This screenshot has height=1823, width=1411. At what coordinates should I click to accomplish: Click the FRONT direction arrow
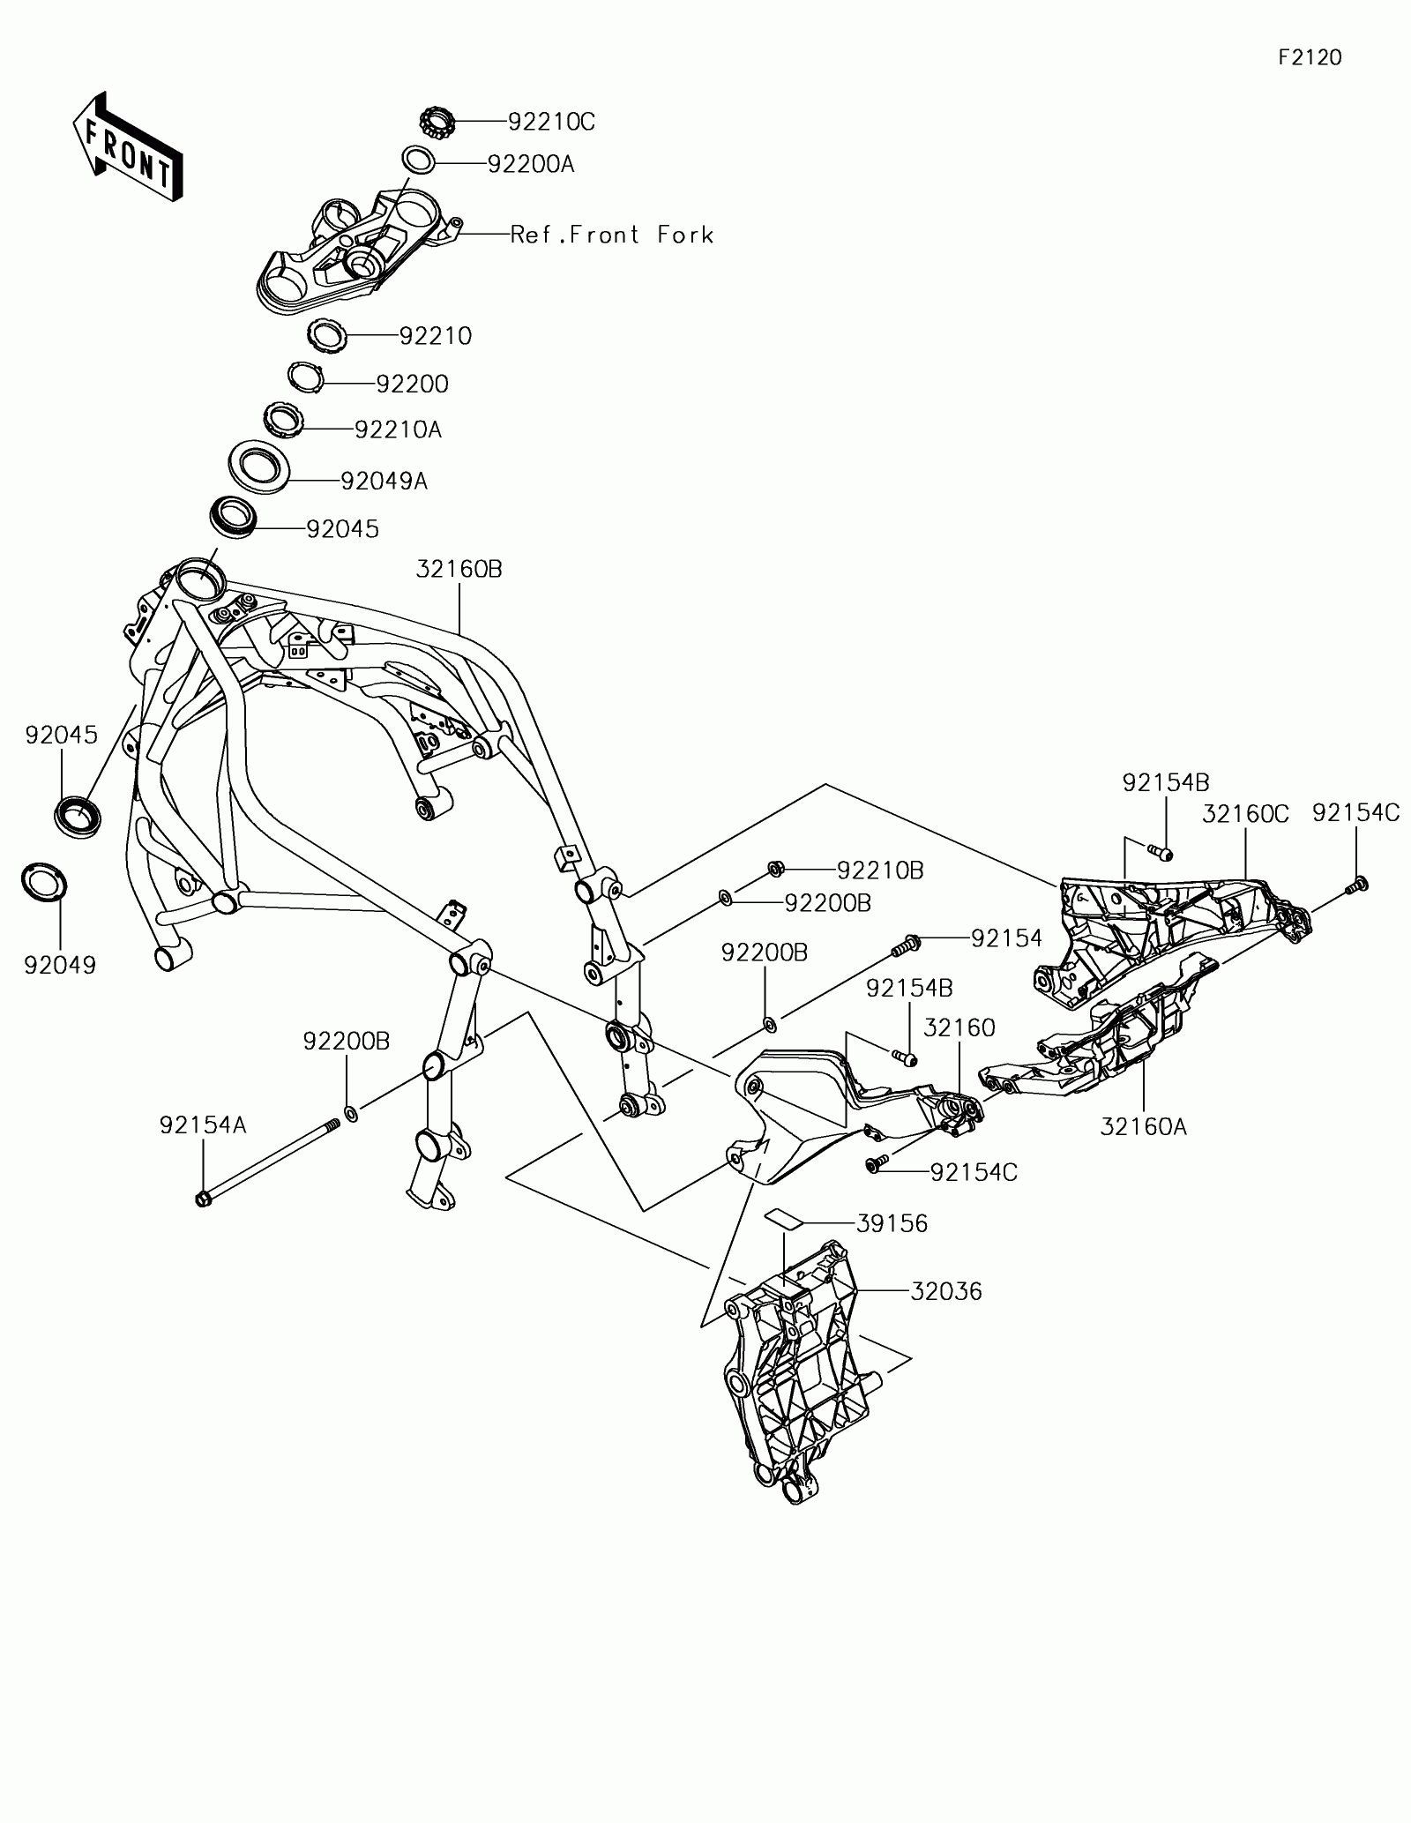[128, 146]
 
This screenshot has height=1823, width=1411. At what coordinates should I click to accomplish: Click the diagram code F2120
[1310, 58]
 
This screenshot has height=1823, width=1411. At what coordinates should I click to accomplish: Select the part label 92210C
[551, 122]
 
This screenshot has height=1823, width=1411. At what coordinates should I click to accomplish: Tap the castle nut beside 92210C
[435, 121]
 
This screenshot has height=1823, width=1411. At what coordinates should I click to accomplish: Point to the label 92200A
[531, 164]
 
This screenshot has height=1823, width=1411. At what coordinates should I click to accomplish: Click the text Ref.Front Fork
[612, 235]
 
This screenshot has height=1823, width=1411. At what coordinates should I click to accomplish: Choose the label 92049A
[384, 481]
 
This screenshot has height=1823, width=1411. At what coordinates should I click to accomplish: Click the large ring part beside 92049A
[259, 467]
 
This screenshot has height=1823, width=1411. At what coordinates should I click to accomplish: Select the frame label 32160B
[459, 570]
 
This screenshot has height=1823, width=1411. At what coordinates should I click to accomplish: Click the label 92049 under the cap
[60, 965]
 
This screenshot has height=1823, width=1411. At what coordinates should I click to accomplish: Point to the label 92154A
[203, 1125]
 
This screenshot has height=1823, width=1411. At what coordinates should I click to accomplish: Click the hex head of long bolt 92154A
[204, 1199]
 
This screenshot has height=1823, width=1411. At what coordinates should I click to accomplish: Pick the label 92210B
[880, 870]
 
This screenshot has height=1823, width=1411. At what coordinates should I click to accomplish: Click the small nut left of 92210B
[777, 870]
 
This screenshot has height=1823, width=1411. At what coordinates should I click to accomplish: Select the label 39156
[892, 1223]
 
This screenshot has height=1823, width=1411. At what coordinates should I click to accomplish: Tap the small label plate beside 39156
[784, 1218]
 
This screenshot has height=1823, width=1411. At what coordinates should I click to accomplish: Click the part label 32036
[946, 1291]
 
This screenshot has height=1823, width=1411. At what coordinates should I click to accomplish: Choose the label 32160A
[1144, 1126]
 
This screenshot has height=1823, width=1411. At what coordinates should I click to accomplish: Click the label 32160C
[1245, 814]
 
